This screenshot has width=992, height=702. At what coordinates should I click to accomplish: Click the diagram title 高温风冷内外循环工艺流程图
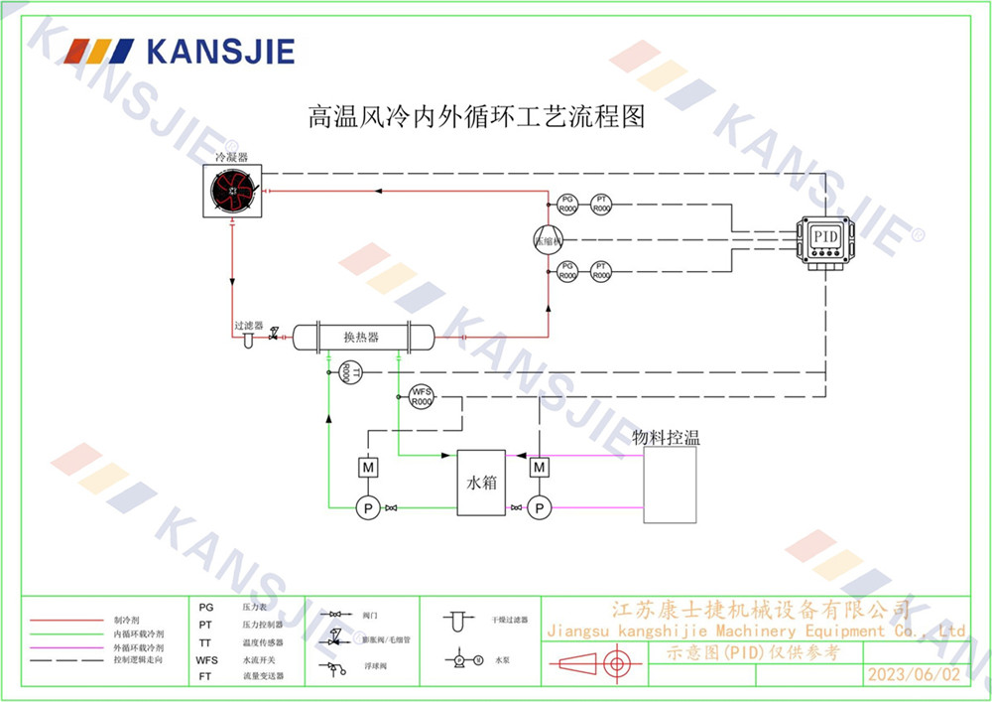[476, 117]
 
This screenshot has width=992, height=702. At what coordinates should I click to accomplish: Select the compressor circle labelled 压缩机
[548, 240]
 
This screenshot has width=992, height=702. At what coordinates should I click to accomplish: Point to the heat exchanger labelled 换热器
[361, 337]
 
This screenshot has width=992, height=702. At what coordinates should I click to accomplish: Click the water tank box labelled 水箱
[482, 483]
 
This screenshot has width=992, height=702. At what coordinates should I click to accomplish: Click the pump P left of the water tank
[367, 507]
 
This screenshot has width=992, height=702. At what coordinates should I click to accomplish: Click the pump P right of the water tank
[540, 507]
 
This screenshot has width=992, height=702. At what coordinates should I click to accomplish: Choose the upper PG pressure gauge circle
[568, 205]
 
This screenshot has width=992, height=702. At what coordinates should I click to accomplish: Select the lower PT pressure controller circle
[600, 270]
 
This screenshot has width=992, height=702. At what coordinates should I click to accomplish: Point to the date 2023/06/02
[914, 675]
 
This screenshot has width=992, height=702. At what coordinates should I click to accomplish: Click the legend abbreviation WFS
[207, 659]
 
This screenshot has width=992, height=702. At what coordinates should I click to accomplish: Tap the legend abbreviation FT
[205, 676]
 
